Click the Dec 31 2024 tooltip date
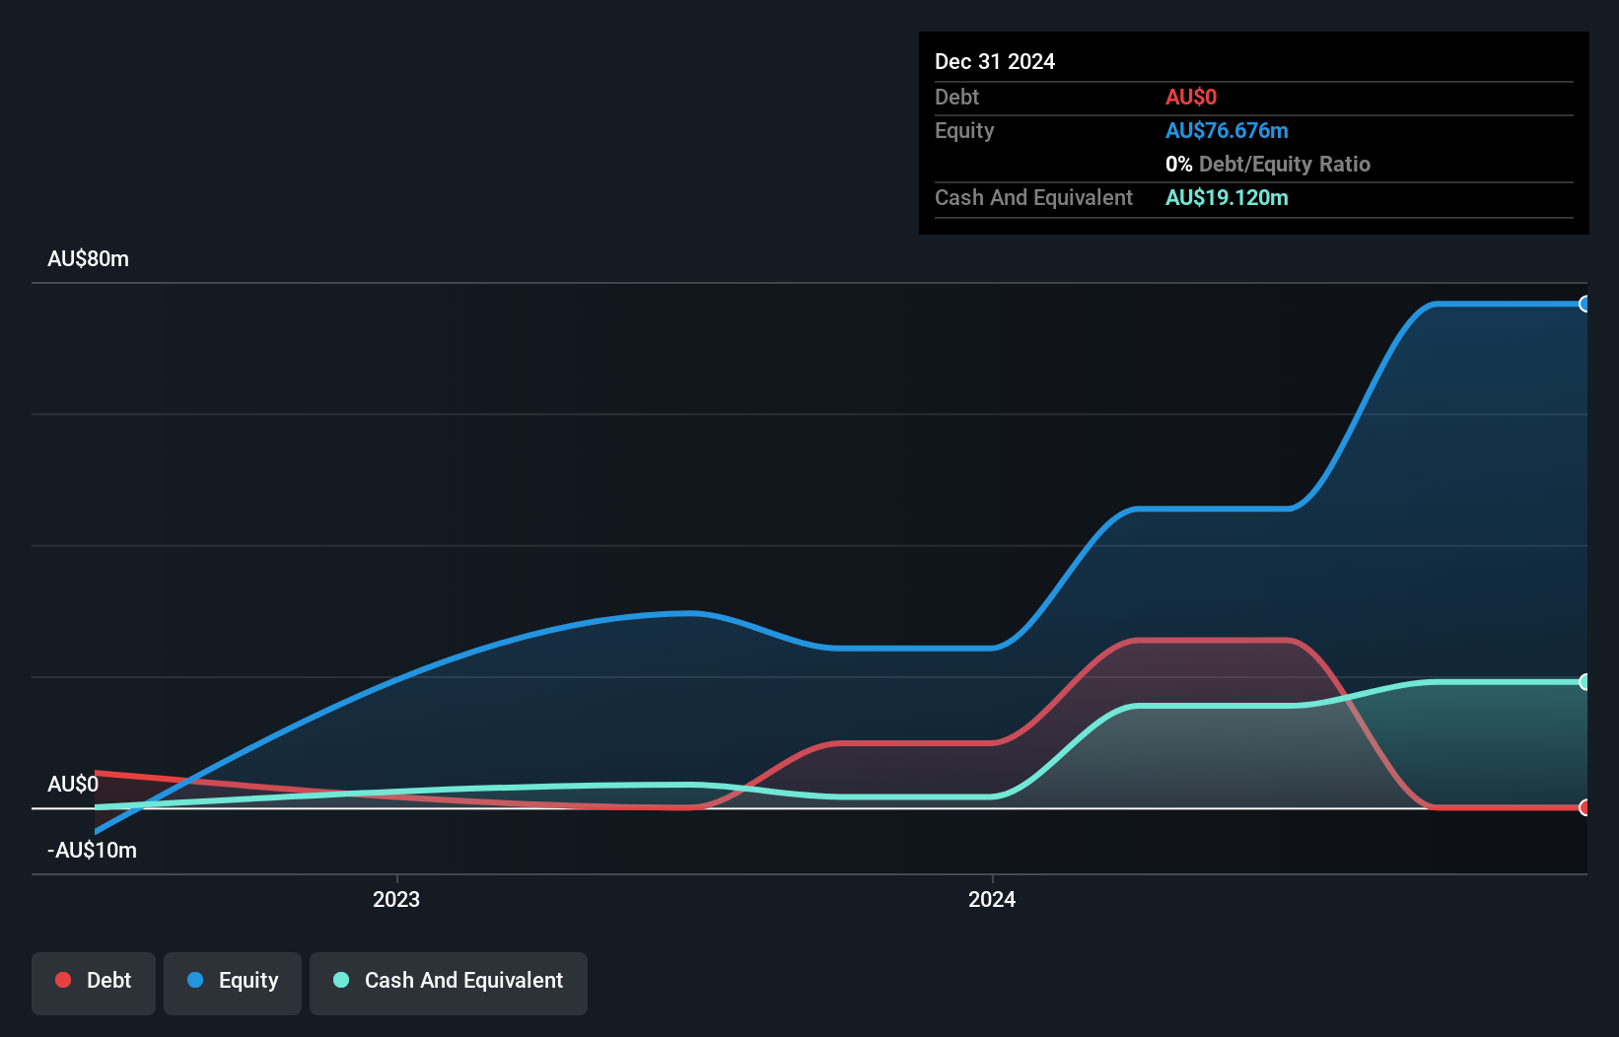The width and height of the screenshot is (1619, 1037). [994, 62]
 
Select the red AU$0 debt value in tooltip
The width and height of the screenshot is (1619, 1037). [1190, 98]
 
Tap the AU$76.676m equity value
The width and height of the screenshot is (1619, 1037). [1226, 131]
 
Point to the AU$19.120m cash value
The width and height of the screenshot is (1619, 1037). [1226, 198]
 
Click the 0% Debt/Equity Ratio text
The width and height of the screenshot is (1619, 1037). [1267, 165]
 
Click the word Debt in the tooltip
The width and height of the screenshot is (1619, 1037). [956, 98]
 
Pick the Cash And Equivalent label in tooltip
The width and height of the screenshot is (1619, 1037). [1033, 198]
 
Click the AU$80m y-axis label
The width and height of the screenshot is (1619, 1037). [88, 259]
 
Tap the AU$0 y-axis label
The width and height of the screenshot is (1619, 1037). [73, 785]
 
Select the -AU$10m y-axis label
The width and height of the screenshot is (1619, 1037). [92, 851]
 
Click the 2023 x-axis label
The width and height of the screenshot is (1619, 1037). [396, 900]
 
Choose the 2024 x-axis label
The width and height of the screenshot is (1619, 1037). [992, 900]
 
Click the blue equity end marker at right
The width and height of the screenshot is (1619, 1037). [1584, 305]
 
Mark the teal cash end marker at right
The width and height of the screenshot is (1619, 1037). [1584, 682]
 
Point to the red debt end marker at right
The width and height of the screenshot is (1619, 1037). [1584, 808]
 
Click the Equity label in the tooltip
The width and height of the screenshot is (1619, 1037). [963, 131]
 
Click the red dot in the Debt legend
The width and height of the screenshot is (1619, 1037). [63, 980]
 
